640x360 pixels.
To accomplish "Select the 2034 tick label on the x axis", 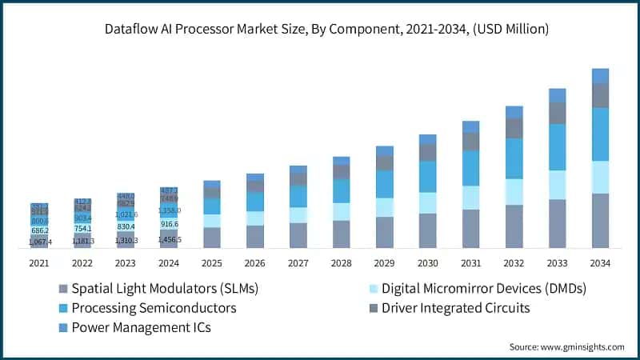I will click(x=600, y=262).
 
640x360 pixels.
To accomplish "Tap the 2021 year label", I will click(x=38, y=262).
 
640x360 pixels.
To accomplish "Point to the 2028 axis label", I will click(x=341, y=262).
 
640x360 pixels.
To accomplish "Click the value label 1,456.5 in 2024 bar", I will click(x=169, y=239).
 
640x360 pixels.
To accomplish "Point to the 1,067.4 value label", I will click(x=39, y=242).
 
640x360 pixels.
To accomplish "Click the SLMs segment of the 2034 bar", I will click(x=600, y=220).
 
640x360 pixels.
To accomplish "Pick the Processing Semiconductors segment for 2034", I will click(x=600, y=134).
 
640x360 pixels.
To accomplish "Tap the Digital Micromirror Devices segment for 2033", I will click(x=557, y=185).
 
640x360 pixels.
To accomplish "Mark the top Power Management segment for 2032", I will click(x=514, y=112).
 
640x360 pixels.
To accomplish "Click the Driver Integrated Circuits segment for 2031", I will click(x=470, y=142).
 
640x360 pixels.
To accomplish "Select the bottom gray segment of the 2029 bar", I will click(x=384, y=232).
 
